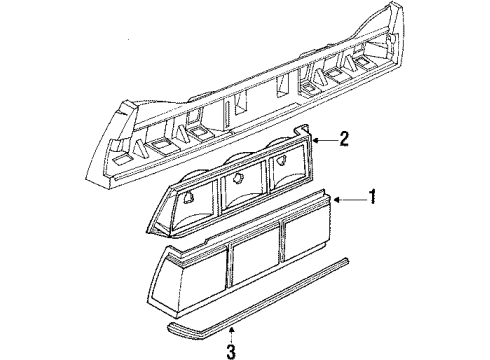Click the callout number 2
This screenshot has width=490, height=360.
(344, 139)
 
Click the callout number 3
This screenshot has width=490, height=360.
(231, 350)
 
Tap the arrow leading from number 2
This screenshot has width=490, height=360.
(321, 140)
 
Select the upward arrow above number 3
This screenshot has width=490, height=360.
(231, 330)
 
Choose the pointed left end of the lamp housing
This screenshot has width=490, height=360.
(153, 215)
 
